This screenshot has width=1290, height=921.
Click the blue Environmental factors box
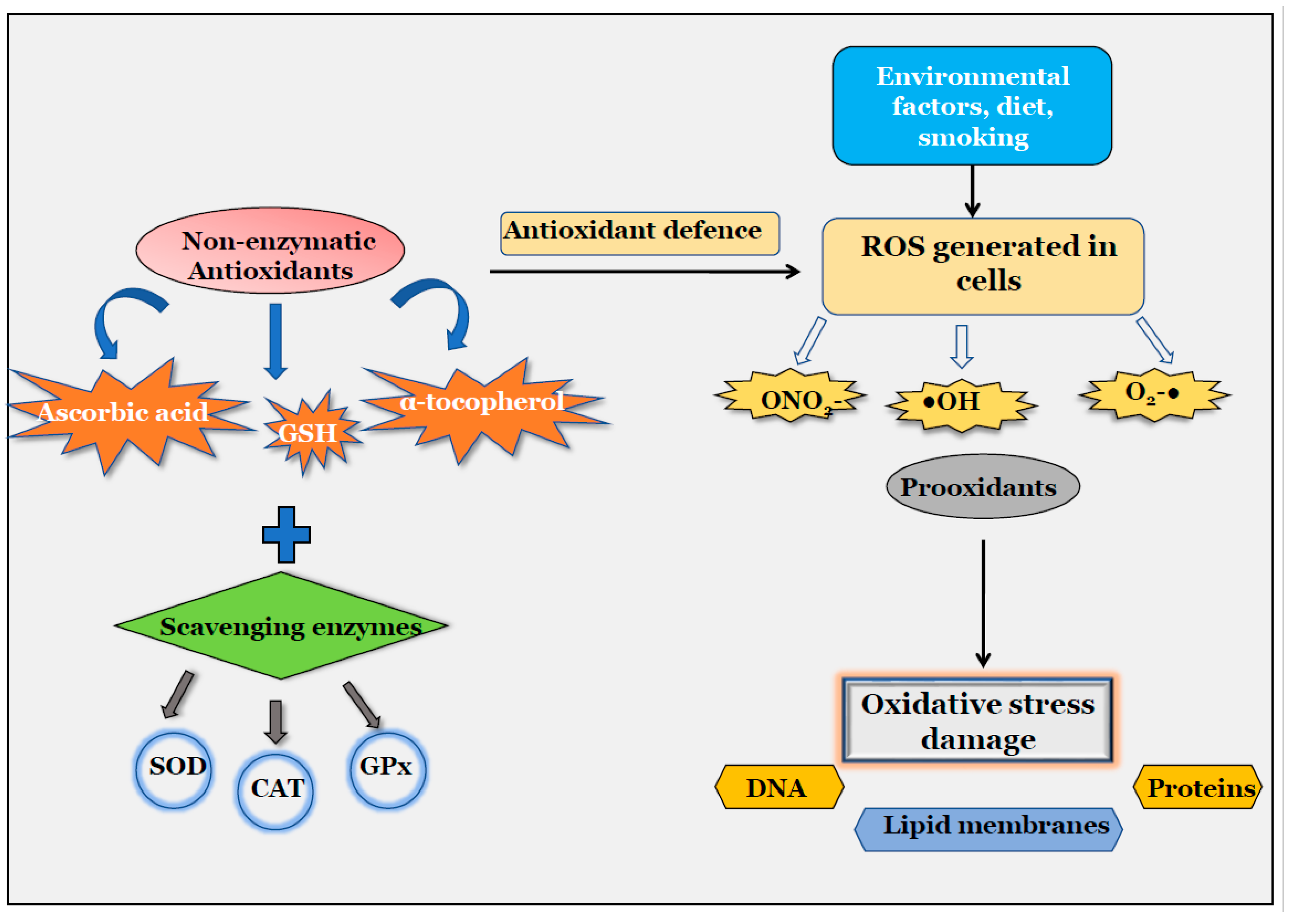pos(972,106)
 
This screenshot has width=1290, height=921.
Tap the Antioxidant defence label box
pos(640,233)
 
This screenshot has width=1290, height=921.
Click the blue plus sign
pos(286,534)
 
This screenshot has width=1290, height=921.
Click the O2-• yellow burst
pos(1153,395)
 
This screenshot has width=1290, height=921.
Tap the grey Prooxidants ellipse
pos(983,486)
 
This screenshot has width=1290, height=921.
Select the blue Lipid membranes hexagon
pos(988,830)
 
